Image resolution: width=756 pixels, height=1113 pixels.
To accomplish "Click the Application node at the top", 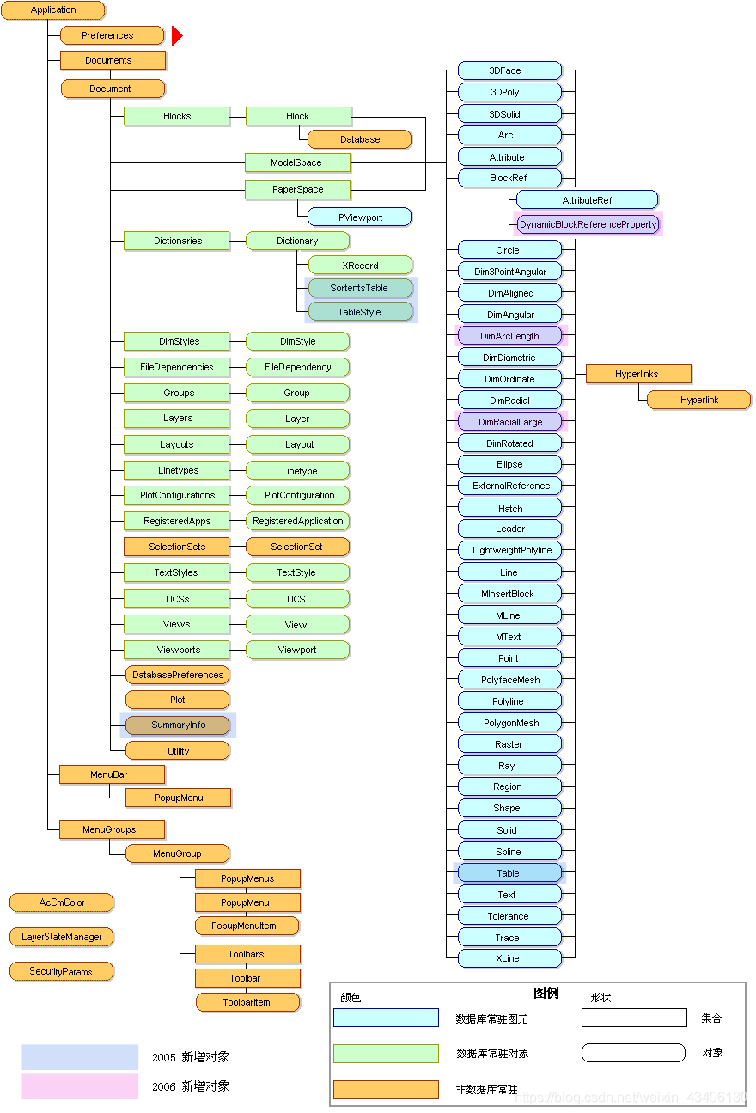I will [53, 10].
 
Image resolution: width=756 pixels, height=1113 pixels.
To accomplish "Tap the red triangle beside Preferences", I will [176, 35].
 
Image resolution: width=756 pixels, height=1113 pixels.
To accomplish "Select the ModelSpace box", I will [296, 162].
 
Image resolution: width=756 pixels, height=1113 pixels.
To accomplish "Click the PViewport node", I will [360, 217].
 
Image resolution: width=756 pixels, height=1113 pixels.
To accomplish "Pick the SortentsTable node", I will [359, 288].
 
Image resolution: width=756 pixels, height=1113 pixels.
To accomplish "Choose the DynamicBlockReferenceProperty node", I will [588, 224].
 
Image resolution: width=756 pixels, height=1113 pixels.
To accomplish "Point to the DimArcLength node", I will [509, 336].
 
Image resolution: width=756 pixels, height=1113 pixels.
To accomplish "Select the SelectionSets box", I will [176, 547].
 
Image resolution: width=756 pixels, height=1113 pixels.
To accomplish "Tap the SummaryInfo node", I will [178, 725].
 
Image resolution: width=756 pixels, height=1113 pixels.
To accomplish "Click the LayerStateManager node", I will [62, 937].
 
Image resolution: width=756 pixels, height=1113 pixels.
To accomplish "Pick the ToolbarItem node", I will [247, 1002].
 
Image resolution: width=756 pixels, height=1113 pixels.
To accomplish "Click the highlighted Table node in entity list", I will [509, 873].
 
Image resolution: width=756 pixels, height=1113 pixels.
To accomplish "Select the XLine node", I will [509, 958].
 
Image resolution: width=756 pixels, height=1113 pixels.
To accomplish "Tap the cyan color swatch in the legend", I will [386, 1018].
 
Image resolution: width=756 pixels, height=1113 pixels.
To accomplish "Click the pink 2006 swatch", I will [80, 1086].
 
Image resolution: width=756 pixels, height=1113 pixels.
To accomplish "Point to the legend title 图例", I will [546, 993].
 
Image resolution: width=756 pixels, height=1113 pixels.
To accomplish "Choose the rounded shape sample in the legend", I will [633, 1053].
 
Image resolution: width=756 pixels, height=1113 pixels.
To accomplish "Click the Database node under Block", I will [359, 139].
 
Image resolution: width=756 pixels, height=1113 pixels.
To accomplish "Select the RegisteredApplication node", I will [297, 521].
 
